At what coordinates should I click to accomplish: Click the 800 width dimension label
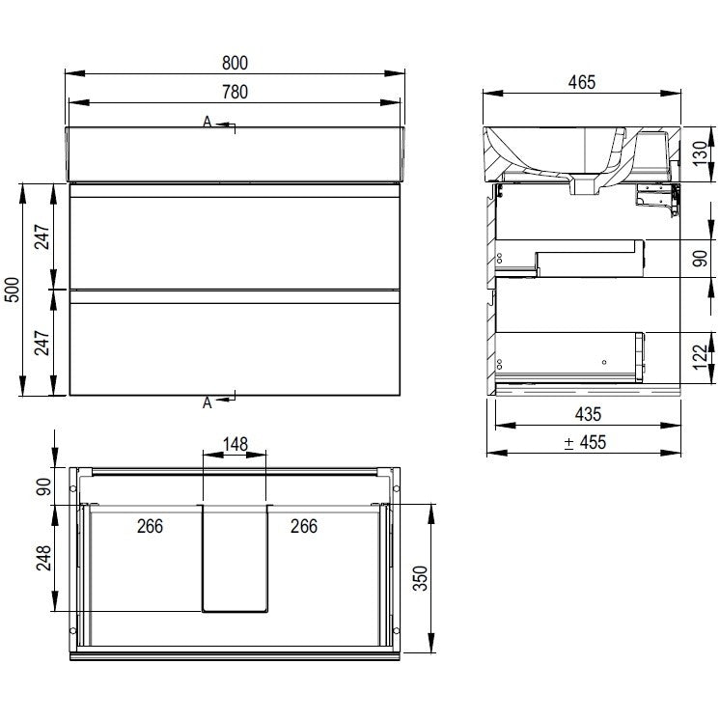click(x=235, y=63)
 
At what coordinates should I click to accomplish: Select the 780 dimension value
click(x=235, y=92)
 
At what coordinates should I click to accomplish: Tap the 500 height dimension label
click(x=13, y=290)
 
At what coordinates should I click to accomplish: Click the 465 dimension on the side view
click(x=581, y=82)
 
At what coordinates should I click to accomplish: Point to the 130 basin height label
click(x=700, y=153)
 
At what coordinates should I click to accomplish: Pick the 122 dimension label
click(x=700, y=357)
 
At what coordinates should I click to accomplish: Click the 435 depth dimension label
click(x=588, y=415)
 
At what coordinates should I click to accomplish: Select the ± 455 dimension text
click(x=585, y=443)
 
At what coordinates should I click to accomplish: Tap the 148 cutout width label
click(x=235, y=444)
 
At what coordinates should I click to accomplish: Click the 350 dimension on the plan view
click(x=421, y=578)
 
